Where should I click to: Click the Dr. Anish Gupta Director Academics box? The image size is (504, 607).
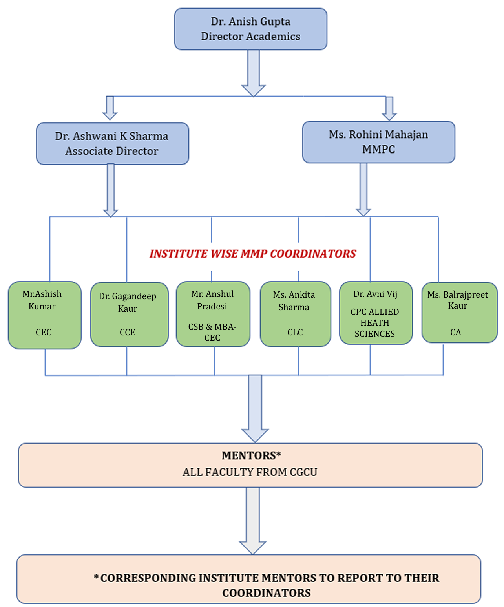click(250, 29)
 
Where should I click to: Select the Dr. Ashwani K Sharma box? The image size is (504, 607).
click(112, 143)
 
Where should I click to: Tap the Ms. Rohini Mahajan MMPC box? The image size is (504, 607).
click(378, 142)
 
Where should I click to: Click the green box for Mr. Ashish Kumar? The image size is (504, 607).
click(44, 315)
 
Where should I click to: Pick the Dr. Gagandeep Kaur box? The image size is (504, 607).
click(129, 314)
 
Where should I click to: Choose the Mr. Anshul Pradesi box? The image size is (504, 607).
click(213, 314)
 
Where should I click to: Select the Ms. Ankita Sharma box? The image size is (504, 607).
click(295, 314)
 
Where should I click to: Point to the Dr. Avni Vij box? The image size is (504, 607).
click(376, 313)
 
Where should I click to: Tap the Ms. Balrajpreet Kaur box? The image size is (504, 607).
click(459, 313)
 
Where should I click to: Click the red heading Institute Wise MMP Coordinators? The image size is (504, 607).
click(253, 254)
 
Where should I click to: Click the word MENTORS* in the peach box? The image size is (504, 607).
click(251, 455)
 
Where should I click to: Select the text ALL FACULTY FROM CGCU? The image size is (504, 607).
click(250, 472)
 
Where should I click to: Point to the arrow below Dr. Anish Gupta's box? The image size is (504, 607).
click(254, 73)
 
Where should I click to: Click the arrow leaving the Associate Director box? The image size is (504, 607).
click(111, 190)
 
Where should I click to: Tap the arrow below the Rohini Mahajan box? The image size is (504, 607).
click(363, 190)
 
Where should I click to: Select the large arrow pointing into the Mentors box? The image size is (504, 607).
click(255, 408)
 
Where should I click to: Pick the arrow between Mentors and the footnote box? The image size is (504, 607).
click(253, 520)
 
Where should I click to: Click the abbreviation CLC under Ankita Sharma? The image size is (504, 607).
click(295, 333)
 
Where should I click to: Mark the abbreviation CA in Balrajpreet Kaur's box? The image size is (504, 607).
click(455, 333)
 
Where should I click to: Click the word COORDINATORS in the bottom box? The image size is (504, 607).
click(266, 593)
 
